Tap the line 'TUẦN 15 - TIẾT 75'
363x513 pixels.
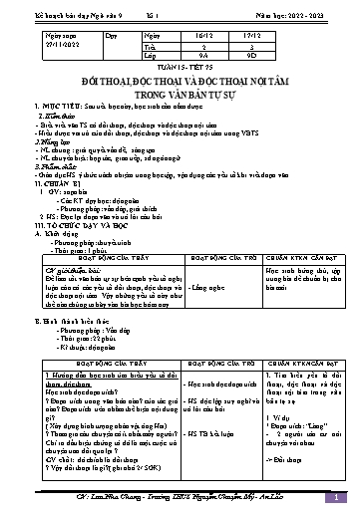pos(181,68)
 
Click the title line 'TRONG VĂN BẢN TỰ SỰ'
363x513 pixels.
pos(181,87)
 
